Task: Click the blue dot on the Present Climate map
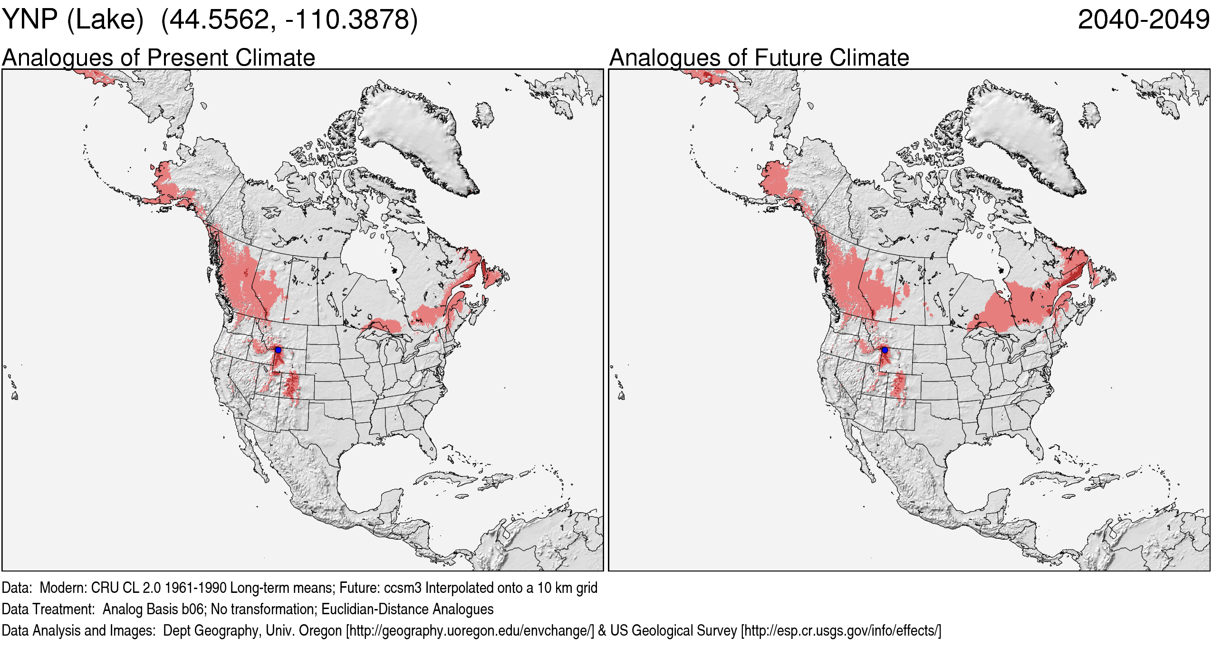pyautogui.click(x=278, y=350)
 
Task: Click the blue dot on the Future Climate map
pyautogui.click(x=885, y=350)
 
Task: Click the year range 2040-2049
pyautogui.click(x=1143, y=20)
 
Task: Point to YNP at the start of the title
pyautogui.click(x=29, y=20)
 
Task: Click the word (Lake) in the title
pyautogui.click(x=105, y=20)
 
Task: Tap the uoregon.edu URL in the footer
pyautogui.click(x=471, y=631)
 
